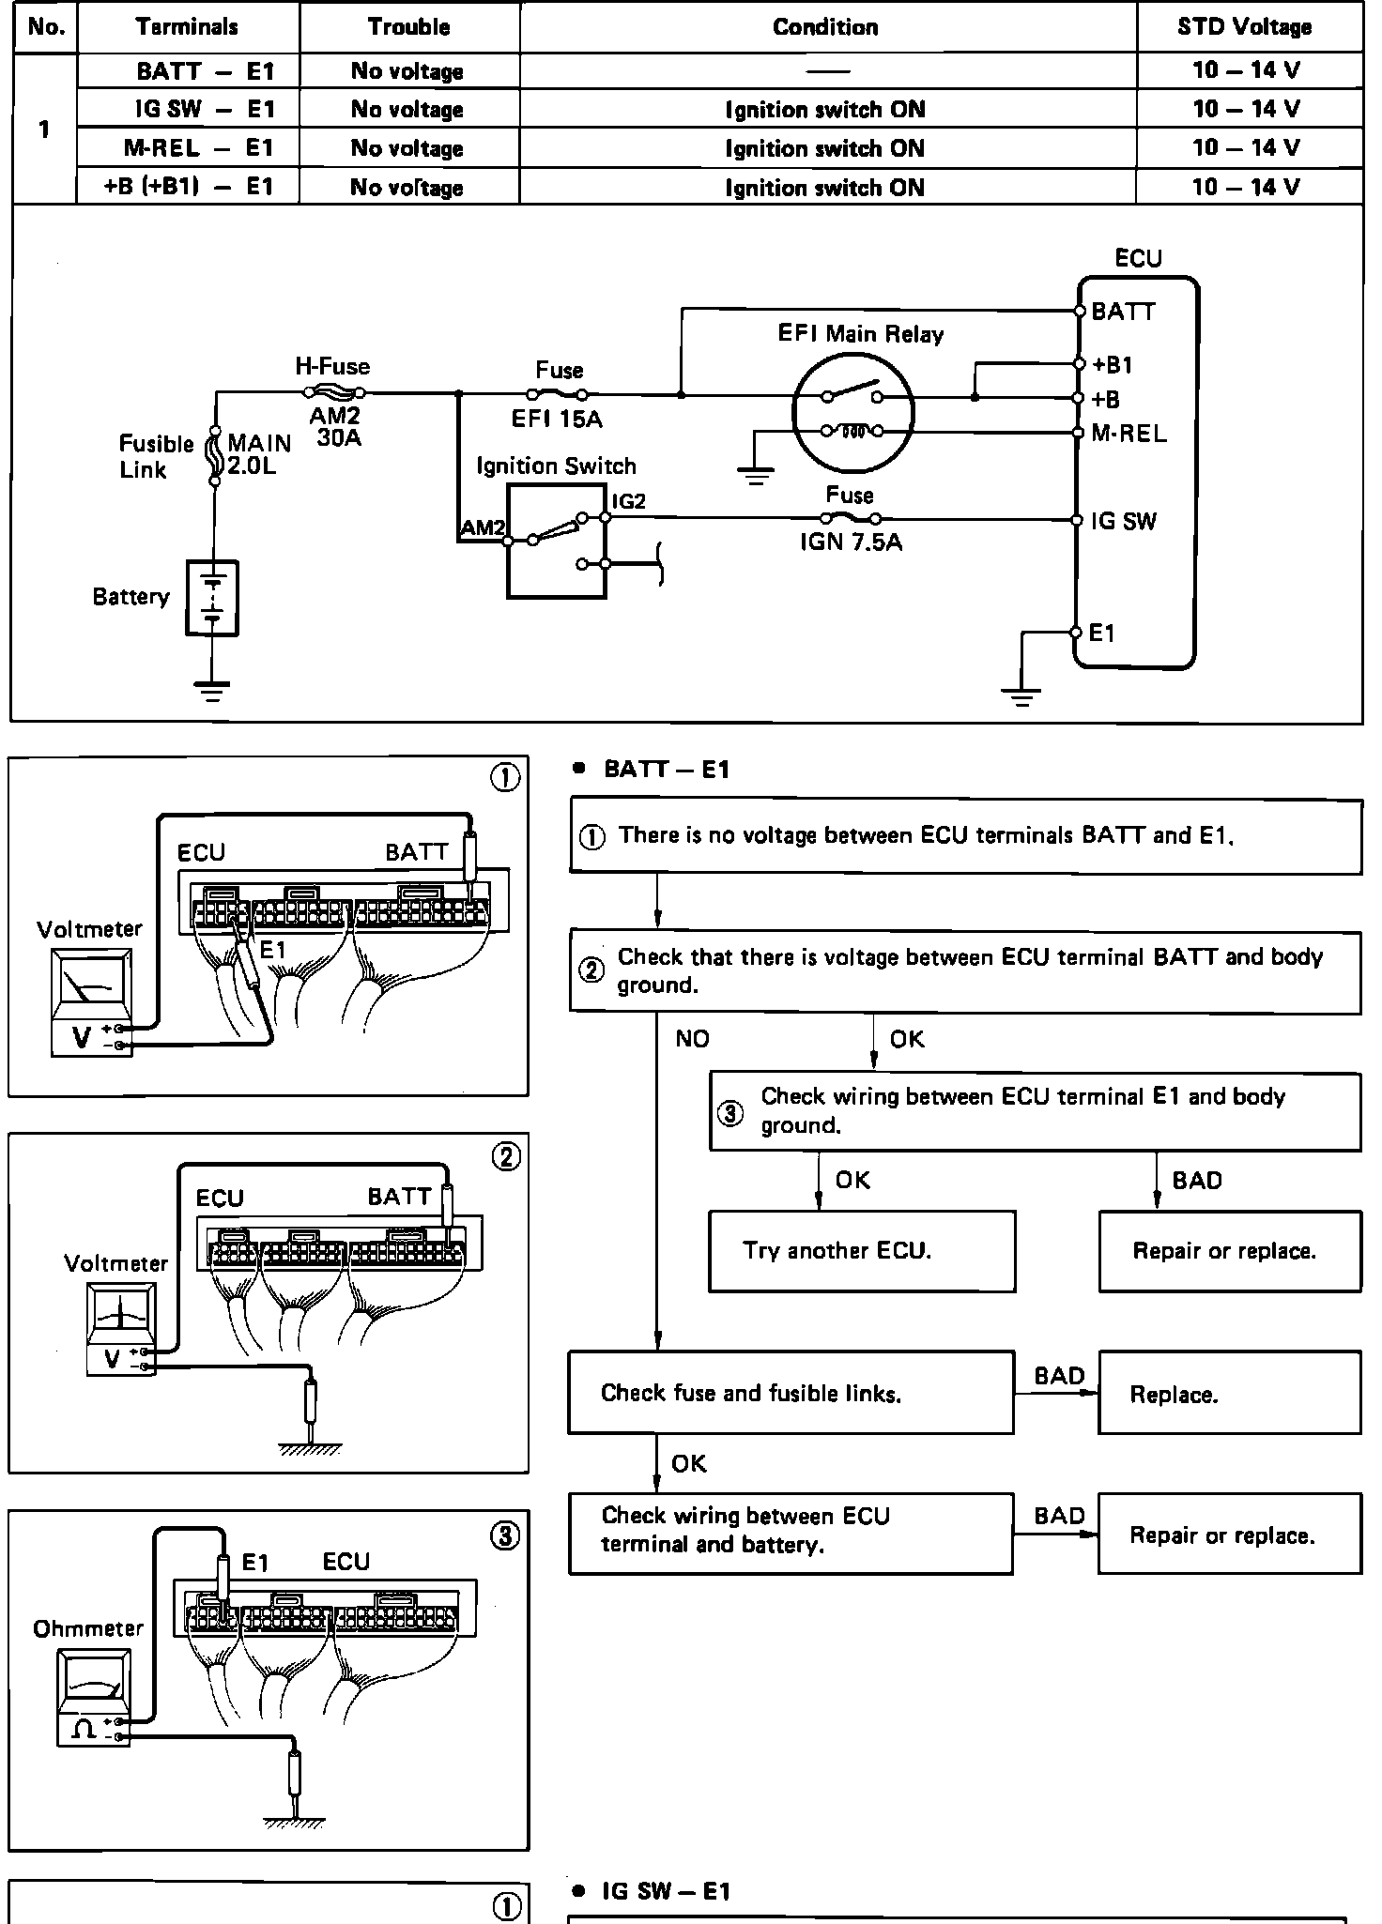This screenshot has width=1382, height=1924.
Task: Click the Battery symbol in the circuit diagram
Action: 212,598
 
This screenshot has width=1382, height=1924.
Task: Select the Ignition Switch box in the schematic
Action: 556,540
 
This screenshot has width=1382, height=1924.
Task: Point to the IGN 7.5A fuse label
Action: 851,542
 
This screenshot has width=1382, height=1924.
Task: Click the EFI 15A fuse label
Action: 557,420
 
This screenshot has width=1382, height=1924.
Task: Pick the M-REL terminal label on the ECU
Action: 1129,434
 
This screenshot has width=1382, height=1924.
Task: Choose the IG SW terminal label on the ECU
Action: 1124,522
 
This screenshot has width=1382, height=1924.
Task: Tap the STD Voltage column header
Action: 1245,27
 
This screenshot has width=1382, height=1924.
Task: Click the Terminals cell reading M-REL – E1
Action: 198,148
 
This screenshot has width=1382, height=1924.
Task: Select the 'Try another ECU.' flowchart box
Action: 861,1251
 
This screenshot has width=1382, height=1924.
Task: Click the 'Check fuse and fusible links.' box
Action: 791,1393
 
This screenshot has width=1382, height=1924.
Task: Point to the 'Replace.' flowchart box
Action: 1228,1394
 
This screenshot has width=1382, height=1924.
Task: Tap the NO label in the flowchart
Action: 692,1039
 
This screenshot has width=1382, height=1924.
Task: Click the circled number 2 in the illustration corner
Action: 505,1157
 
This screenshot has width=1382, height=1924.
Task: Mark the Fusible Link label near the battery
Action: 155,457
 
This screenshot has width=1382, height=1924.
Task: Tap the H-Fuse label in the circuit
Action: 332,367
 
